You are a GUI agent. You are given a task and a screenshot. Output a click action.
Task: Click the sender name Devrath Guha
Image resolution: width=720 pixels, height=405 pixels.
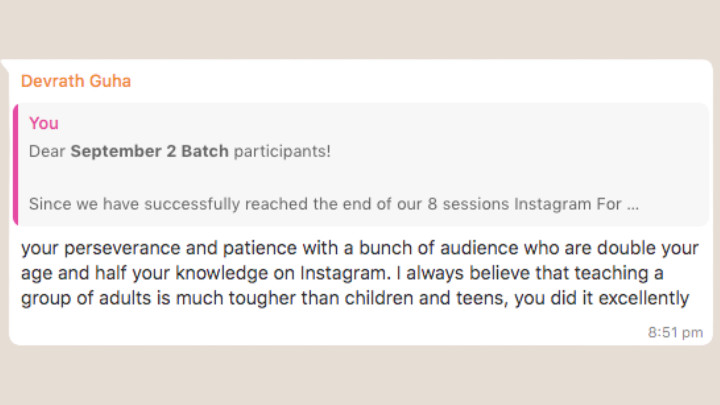coord(76,81)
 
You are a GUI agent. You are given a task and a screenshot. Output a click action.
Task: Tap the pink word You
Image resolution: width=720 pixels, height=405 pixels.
coord(44,123)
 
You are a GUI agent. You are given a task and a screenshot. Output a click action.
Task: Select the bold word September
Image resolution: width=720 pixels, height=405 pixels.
coord(116,151)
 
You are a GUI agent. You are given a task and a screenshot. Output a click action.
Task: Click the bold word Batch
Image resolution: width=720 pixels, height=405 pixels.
coord(205,151)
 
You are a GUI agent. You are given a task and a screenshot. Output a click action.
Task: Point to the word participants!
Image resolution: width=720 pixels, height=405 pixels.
coord(282,151)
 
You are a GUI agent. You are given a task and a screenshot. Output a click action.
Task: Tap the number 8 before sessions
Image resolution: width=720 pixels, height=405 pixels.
coord(432,204)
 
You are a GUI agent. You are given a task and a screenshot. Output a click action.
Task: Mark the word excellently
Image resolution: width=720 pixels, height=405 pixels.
coord(643,298)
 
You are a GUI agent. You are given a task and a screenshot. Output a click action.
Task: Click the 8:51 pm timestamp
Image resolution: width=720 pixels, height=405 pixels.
coord(675,333)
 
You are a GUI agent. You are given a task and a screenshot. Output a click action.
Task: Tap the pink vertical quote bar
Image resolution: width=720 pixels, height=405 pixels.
coord(15,165)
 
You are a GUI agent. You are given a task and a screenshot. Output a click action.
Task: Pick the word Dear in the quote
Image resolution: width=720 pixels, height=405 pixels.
coord(47,151)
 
